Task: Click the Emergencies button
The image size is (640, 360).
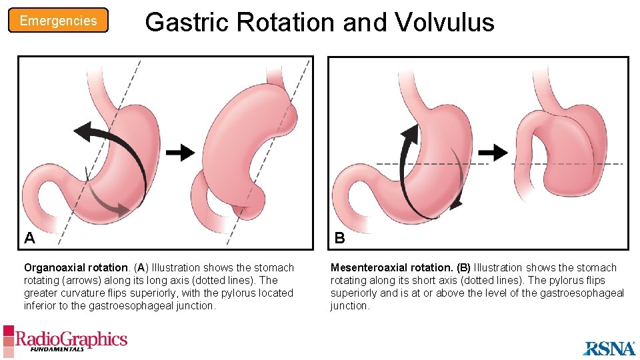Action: (x=58, y=21)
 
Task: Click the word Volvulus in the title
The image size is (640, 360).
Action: (x=445, y=22)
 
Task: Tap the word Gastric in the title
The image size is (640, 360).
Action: (x=187, y=22)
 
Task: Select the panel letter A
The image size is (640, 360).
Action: (x=29, y=237)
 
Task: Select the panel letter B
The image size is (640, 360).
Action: (x=339, y=237)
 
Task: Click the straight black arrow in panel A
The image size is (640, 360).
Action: (x=180, y=153)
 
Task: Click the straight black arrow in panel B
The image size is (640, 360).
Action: (x=493, y=152)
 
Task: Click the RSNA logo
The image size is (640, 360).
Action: (x=609, y=348)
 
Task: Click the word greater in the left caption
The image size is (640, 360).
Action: (x=41, y=293)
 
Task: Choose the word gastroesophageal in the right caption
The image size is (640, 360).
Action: (x=585, y=293)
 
